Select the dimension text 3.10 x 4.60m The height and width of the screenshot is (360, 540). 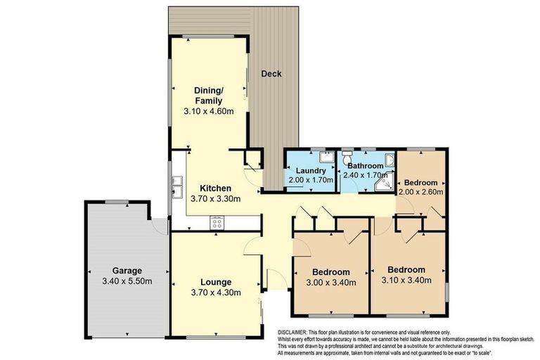(x=209, y=111)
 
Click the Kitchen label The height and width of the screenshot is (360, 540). (x=214, y=188)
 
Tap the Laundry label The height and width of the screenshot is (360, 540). (x=309, y=171)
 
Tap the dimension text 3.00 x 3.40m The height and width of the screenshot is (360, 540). (x=330, y=283)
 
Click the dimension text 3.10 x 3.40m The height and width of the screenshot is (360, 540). (x=406, y=280)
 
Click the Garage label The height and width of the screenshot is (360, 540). (x=127, y=271)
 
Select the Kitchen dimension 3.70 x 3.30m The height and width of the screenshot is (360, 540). (x=214, y=198)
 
